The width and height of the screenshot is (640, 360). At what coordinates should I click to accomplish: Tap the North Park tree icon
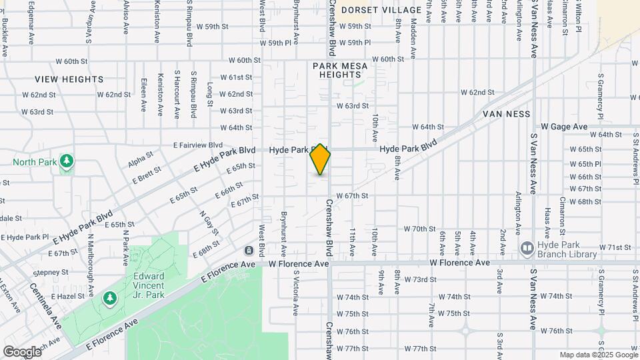66,161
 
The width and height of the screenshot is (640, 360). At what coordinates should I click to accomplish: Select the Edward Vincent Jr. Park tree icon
109,299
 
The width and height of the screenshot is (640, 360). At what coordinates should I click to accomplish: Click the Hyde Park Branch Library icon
527,248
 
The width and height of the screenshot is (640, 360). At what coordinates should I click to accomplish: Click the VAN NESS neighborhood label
507,114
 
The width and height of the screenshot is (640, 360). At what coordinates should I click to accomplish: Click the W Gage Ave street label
564,127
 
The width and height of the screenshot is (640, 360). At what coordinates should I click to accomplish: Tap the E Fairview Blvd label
198,145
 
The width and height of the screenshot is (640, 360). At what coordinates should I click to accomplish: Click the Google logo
22,352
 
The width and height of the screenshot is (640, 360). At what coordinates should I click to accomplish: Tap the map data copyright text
598,355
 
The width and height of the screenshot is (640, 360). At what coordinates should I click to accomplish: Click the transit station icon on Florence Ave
249,251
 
